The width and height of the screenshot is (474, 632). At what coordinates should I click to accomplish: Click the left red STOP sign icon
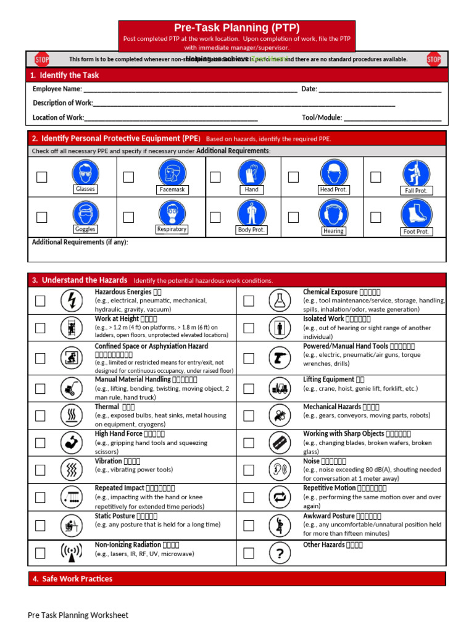coord(41,59)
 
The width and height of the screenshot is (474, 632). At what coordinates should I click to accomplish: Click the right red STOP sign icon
coord(434,59)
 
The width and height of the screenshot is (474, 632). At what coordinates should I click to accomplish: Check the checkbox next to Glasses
coord(41,177)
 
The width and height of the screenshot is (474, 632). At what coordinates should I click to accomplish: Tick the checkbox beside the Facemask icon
coord(128,177)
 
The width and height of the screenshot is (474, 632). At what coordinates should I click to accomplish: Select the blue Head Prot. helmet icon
coord(333,172)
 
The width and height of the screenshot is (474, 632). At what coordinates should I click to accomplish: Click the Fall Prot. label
coord(416,191)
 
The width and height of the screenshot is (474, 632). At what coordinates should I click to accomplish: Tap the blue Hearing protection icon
coord(333,213)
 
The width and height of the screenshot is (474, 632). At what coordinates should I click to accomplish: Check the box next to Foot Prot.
coord(375,217)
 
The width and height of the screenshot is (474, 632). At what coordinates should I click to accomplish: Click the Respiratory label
coord(172,229)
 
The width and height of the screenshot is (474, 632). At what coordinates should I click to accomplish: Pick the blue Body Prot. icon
coord(251,213)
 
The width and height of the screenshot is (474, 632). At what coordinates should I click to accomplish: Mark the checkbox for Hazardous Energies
coord(40,301)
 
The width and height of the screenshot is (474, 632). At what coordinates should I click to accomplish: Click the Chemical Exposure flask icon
coord(280,301)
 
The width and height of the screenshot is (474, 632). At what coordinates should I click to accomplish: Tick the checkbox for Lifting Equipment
coord(249,389)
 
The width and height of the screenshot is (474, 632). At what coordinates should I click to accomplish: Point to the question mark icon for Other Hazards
coord(280,554)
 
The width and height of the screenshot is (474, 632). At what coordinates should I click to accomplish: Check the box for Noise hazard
coord(249,470)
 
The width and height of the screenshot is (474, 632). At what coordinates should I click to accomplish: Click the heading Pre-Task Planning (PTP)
coord(237,28)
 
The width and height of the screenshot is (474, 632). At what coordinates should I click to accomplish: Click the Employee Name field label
coord(57,89)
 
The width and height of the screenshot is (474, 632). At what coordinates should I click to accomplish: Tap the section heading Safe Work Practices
coord(77,579)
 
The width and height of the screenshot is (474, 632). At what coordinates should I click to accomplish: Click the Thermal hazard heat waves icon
coord(72,415)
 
